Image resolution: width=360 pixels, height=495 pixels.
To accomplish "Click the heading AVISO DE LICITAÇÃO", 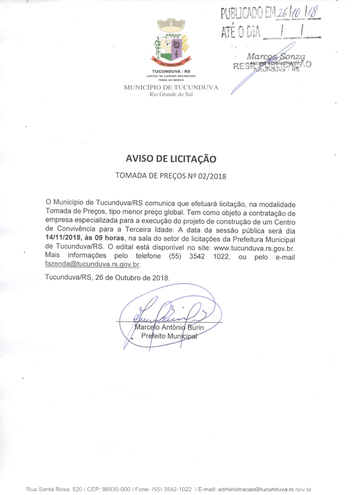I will point(171,159).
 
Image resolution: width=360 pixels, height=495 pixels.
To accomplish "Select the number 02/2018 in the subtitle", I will point(211,176).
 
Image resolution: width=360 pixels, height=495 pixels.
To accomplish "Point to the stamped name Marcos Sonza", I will point(276,56).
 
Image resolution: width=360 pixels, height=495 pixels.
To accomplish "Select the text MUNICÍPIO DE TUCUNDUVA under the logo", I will point(171,87).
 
